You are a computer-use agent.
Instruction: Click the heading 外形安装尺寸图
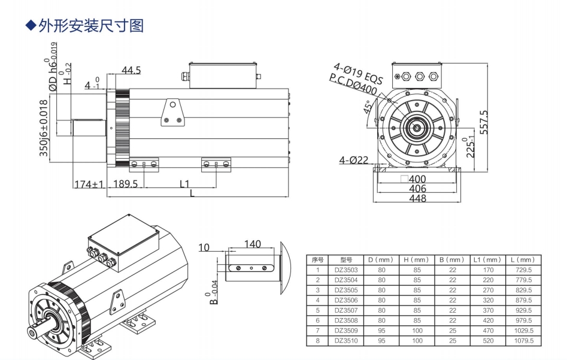[89, 26]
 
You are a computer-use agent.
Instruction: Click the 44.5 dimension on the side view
[131, 71]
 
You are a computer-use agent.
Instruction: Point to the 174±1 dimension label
[89, 184]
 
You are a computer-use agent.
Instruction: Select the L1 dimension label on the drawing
[184, 183]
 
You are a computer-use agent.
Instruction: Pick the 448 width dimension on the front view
[417, 198]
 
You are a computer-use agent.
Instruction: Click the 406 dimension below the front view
[417, 189]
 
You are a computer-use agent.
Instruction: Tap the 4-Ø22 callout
[353, 160]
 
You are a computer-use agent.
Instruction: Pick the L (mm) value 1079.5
[523, 340]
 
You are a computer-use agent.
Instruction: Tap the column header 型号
[346, 260]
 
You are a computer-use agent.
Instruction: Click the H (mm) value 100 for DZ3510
[417, 340]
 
